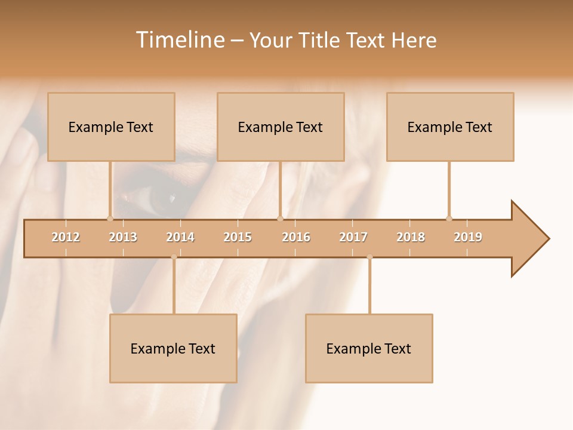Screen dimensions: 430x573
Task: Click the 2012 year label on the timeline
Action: tap(66, 237)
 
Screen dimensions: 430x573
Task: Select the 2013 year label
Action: tap(123, 237)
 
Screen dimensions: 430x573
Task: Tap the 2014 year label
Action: tap(180, 237)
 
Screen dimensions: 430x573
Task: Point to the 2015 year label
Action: tap(238, 237)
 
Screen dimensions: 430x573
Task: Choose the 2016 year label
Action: tap(296, 237)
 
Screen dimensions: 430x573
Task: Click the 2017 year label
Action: tap(353, 237)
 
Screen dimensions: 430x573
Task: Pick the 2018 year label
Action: tap(411, 237)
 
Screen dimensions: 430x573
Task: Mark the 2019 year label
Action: tap(468, 237)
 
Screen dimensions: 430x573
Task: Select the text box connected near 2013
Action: tap(111, 127)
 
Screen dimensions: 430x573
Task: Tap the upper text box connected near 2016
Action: tap(281, 127)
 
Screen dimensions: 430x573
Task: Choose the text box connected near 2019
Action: tap(450, 127)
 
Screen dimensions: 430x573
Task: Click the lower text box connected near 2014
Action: tap(173, 348)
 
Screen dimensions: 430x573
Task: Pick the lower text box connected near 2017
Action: tap(369, 348)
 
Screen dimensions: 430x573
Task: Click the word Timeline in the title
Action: tap(179, 40)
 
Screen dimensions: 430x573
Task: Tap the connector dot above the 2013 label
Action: tap(110, 219)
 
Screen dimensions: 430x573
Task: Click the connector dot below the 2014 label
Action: tap(174, 257)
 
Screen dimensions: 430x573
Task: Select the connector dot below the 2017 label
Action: tap(369, 257)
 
